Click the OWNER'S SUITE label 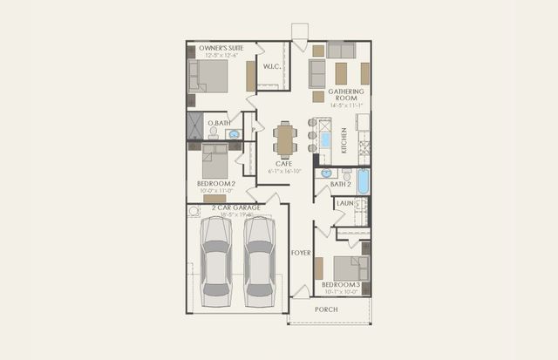coord(220,47)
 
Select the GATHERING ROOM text coord(344,94)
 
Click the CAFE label coord(283,163)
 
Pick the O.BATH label coord(217,124)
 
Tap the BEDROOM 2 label coord(215,184)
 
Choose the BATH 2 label coord(340,185)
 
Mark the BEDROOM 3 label coord(340,285)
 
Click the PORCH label coord(326,309)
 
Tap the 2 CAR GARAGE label coord(228,207)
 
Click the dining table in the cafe coord(285,139)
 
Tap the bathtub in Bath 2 coord(363,181)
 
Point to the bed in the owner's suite coord(209,76)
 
